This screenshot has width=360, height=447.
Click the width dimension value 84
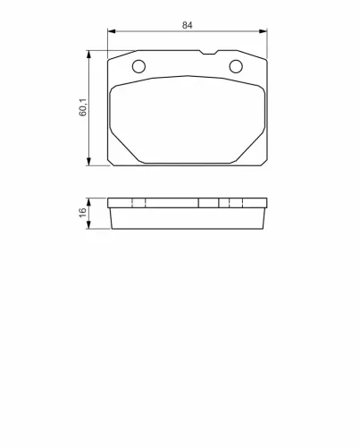(187, 25)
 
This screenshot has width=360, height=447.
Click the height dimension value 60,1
(83, 107)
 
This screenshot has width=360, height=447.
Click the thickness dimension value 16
(82, 213)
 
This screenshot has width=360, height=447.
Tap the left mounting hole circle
(138, 66)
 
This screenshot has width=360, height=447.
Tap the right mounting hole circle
(236, 66)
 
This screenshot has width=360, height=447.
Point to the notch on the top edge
(208, 53)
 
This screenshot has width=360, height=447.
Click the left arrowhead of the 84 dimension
(111, 31)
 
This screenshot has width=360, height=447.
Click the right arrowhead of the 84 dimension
(264, 31)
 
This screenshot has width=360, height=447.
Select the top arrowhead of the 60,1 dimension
(88, 54)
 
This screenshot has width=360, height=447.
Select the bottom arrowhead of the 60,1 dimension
(88, 162)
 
